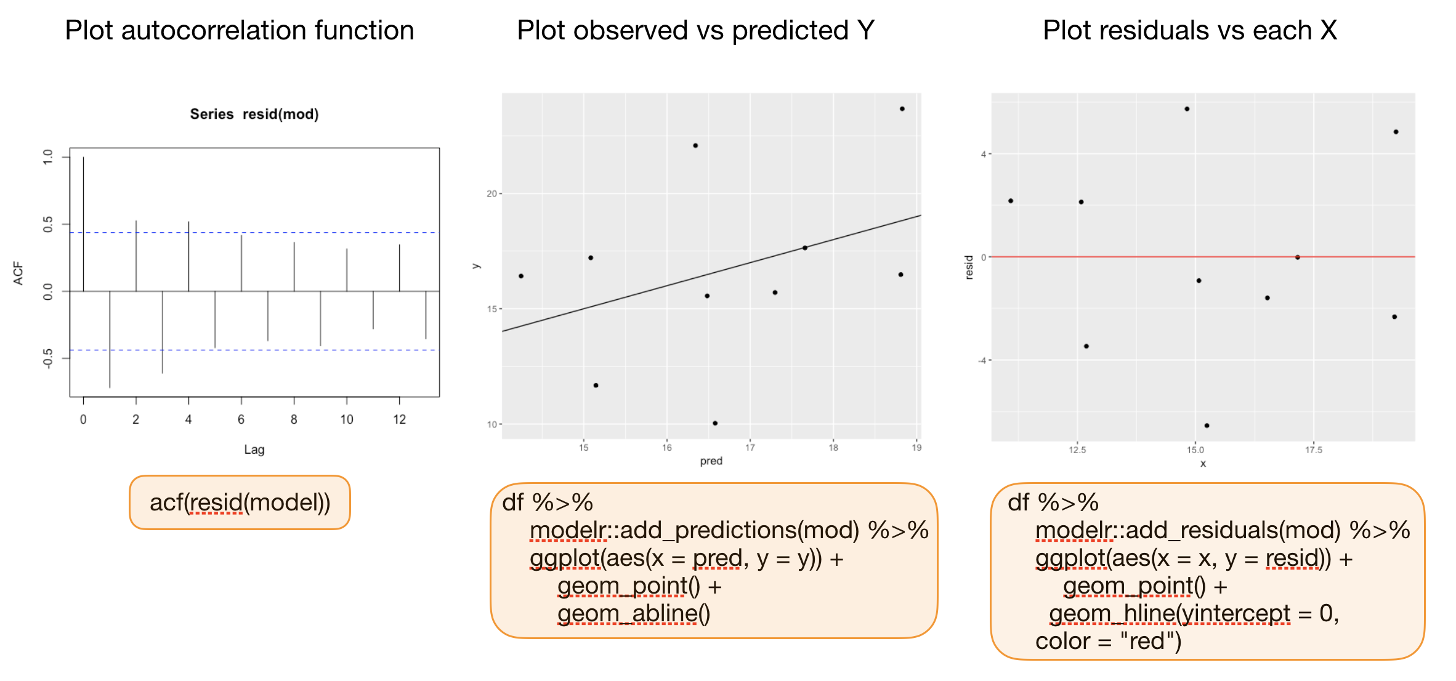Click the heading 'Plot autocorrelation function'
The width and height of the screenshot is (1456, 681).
click(x=239, y=31)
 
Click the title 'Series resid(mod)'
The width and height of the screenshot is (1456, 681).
click(x=254, y=114)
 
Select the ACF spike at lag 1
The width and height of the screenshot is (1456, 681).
click(x=110, y=339)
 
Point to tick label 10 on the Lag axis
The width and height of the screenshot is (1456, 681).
click(x=347, y=420)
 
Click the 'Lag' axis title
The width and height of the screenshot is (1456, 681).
click(x=254, y=449)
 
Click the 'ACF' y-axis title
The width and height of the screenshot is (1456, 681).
click(x=18, y=273)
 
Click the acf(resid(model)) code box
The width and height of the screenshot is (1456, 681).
click(x=240, y=502)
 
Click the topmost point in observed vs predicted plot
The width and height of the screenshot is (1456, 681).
click(x=902, y=109)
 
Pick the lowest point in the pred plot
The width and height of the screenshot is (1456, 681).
click(x=715, y=423)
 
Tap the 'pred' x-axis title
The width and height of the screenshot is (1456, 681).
click(x=711, y=461)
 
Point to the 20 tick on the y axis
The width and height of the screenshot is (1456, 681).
click(x=491, y=193)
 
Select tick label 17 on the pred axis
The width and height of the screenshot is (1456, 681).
click(x=750, y=448)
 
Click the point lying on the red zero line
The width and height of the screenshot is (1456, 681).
click(x=1298, y=257)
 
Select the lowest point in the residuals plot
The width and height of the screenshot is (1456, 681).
click(x=1207, y=425)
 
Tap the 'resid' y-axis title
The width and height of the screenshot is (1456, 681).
click(x=969, y=267)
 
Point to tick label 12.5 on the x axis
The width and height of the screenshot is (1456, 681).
click(x=1077, y=450)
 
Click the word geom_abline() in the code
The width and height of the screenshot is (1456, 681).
click(x=634, y=614)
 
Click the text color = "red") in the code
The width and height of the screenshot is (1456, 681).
click(x=1108, y=642)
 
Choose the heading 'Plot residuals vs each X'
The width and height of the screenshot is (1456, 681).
click(x=1189, y=31)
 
